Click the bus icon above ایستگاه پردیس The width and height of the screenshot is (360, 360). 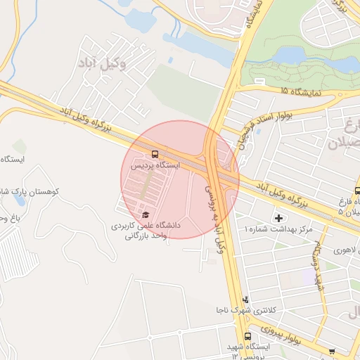click(x=155, y=153)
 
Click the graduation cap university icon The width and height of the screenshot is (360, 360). click(x=146, y=214)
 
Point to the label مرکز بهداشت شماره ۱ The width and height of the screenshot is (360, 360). click(x=278, y=230)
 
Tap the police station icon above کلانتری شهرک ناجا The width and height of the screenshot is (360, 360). click(x=245, y=300)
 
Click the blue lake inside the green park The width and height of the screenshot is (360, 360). click(x=309, y=59)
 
